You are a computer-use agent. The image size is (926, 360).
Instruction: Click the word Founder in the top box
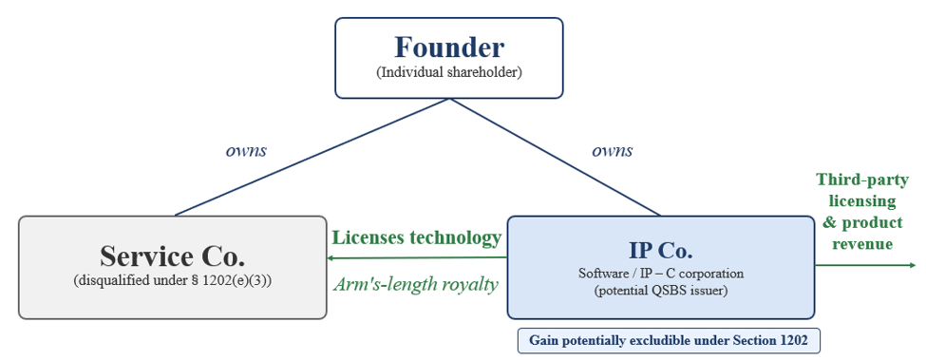(x=449, y=47)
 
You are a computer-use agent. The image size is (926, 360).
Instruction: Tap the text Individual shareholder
(x=449, y=73)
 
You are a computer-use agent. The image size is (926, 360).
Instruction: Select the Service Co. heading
(x=172, y=256)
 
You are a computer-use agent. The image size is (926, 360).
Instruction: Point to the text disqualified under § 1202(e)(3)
(x=173, y=281)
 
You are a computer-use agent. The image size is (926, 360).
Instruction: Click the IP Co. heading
(x=660, y=250)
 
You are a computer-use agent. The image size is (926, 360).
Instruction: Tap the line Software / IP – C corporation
(x=660, y=274)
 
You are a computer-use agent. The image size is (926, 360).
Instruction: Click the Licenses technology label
(x=416, y=237)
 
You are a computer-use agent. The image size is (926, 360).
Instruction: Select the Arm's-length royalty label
(x=416, y=284)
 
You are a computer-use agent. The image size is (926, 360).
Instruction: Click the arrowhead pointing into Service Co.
(x=331, y=258)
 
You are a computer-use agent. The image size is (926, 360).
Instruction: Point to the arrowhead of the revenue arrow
(x=914, y=266)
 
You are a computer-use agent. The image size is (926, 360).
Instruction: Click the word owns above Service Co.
(x=246, y=150)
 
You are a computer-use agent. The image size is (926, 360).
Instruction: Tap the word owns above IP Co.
(x=613, y=150)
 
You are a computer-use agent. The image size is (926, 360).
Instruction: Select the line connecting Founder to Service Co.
(x=312, y=157)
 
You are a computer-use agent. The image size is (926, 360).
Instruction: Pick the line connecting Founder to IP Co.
(x=555, y=157)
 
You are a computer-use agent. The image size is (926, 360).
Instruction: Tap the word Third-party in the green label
(x=857, y=180)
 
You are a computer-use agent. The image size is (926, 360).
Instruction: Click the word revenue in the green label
(x=862, y=243)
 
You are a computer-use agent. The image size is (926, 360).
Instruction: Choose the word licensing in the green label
(x=862, y=201)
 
